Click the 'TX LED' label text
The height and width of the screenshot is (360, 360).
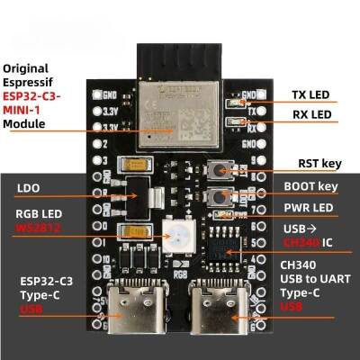[x=315, y=94]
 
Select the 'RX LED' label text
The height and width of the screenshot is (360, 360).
[x=315, y=114]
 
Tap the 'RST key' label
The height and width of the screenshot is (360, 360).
[x=318, y=164]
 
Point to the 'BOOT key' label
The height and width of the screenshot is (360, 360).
[x=310, y=186]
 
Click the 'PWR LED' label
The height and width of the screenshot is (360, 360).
[x=310, y=208]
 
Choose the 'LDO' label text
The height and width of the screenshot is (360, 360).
[x=26, y=189]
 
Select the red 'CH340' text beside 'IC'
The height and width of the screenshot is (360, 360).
[x=301, y=243]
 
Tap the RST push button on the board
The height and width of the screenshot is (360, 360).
[x=218, y=170]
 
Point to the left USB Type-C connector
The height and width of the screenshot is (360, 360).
[x=128, y=309]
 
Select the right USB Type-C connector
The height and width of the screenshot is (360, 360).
[x=215, y=309]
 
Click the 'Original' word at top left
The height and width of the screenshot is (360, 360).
[x=27, y=67]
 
